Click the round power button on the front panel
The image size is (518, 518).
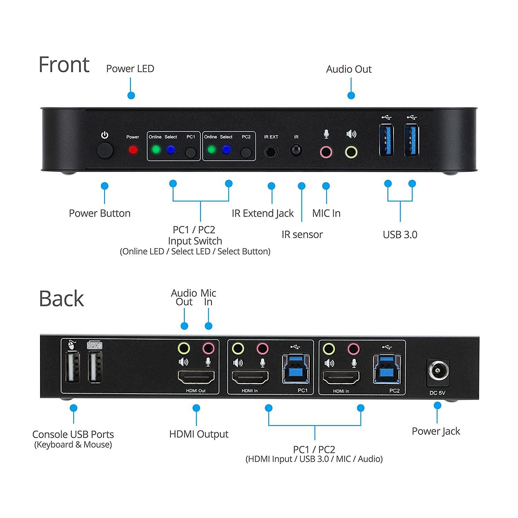click(x=105, y=151)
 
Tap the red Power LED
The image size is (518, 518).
click(x=133, y=150)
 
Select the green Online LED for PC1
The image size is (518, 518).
click(x=156, y=150)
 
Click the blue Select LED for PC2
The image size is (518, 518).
click(x=226, y=150)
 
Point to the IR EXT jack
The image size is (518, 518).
click(x=271, y=151)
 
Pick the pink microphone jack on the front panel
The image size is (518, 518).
click(x=326, y=152)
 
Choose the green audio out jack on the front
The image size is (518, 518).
click(x=351, y=152)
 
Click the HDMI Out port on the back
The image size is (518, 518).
click(x=196, y=377)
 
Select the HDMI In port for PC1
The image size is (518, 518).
click(x=250, y=377)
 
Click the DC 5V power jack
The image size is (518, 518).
click(x=438, y=372)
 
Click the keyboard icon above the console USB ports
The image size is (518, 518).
click(x=95, y=345)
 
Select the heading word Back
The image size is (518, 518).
click(x=61, y=299)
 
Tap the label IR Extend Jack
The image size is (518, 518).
click(x=262, y=213)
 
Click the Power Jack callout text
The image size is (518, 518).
click(x=436, y=431)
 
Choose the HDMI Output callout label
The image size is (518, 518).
click(x=199, y=434)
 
